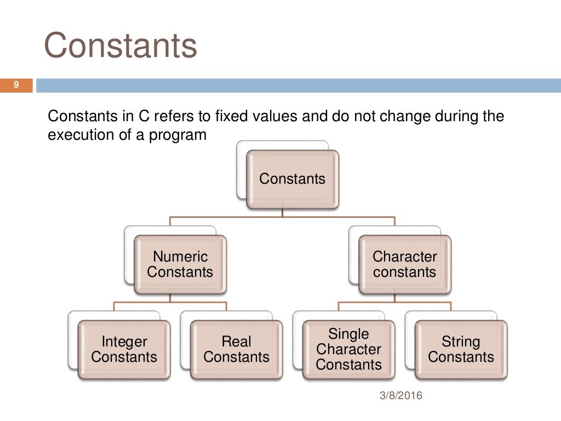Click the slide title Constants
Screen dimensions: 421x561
(x=120, y=45)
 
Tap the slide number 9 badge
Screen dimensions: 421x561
(x=16, y=85)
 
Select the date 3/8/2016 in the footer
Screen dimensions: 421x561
(x=401, y=395)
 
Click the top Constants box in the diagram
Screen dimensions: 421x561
(x=292, y=179)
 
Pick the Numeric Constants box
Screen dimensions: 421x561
(x=180, y=264)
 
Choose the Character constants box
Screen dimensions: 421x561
(x=405, y=264)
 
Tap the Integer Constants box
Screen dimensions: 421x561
(x=124, y=350)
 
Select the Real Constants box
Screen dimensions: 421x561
(x=236, y=350)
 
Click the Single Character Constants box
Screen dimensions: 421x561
(x=348, y=350)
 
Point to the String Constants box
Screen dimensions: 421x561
(x=461, y=350)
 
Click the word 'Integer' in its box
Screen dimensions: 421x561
(x=124, y=342)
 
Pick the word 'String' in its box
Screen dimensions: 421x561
(x=461, y=342)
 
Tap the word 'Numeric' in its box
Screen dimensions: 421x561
(x=180, y=257)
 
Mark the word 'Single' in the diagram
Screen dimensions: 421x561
(x=348, y=334)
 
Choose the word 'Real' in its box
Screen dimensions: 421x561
(x=236, y=342)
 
